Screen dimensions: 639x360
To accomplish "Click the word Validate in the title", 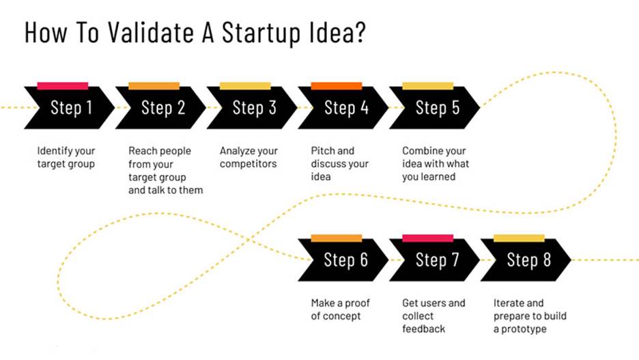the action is pyautogui.click(x=151, y=32).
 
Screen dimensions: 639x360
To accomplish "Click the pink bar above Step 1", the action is pyautogui.click(x=63, y=85).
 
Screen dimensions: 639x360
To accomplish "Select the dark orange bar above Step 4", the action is pyautogui.click(x=337, y=85).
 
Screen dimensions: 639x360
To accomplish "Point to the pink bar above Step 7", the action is pyautogui.click(x=428, y=238).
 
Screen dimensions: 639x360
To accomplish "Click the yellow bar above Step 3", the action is pyautogui.click(x=245, y=85).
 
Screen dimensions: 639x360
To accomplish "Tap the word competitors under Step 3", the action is pyautogui.click(x=248, y=164).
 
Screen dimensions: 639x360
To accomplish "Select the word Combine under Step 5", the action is pyautogui.click(x=420, y=151).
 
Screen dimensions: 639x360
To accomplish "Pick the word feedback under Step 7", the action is pyautogui.click(x=423, y=329).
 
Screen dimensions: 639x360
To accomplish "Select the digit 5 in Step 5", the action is pyautogui.click(x=455, y=108).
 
